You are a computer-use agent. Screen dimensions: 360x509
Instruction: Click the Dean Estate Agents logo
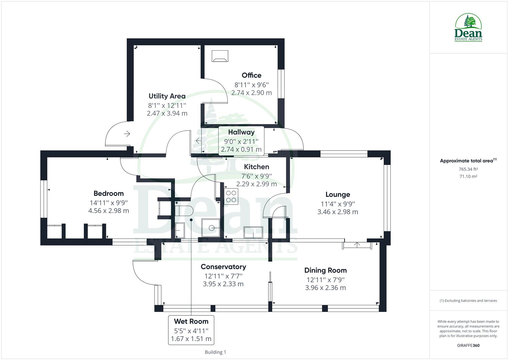468,27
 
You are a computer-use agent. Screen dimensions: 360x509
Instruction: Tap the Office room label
251,75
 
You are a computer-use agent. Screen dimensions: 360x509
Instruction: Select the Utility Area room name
167,96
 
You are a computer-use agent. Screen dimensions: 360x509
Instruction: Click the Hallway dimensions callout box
241,141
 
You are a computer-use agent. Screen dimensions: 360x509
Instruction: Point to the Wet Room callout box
191,330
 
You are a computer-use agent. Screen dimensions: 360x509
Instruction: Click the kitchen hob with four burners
231,196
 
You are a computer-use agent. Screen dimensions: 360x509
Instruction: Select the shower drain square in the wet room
211,228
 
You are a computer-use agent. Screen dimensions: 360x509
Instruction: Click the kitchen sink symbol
253,233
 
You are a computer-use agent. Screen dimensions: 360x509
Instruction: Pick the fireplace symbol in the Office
220,56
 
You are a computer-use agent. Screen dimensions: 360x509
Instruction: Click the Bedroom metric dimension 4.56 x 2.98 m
109,211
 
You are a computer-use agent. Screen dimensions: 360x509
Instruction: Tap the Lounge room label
338,195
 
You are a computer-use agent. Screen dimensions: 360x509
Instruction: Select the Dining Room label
325,270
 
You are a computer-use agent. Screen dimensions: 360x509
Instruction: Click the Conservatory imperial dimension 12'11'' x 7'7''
223,276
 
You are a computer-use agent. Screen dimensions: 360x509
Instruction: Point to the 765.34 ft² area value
468,169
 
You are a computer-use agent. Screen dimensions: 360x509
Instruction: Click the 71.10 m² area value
468,176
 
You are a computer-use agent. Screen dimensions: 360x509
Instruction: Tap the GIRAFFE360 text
468,345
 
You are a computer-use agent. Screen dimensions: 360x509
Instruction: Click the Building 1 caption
215,352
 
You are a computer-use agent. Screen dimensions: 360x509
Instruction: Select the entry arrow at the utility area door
127,134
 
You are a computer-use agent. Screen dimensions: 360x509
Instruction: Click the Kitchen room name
256,167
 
